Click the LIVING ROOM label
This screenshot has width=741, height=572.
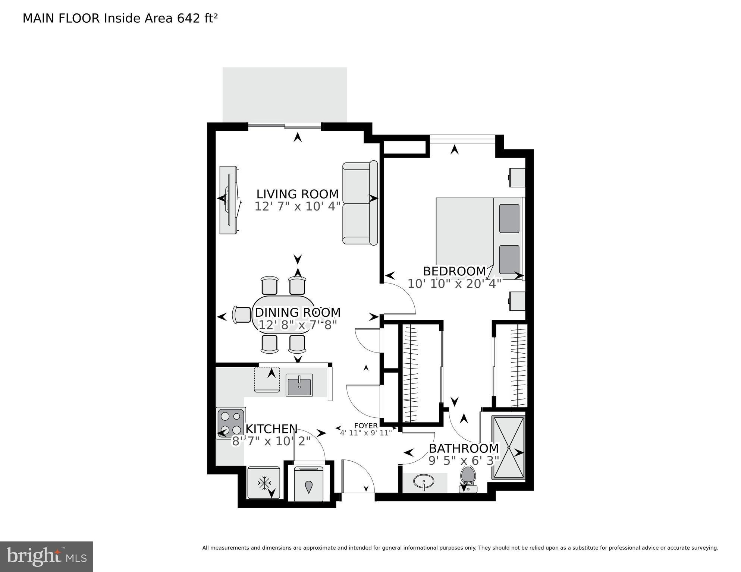(297, 194)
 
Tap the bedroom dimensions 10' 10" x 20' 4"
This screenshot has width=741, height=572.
(454, 284)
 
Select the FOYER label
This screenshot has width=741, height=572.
(365, 426)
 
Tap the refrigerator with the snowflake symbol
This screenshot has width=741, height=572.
(264, 483)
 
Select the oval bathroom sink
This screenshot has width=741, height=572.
(424, 482)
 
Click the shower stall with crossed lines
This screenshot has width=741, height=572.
(508, 447)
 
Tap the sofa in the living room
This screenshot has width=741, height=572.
(359, 203)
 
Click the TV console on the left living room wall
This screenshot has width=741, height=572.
(228, 200)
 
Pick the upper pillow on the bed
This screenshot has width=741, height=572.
(509, 218)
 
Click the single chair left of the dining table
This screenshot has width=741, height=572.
(242, 315)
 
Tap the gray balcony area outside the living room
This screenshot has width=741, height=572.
(285, 94)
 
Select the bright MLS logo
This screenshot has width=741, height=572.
(46, 557)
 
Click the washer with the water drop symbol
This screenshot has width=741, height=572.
(308, 484)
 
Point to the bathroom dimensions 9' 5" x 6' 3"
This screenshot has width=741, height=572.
(464, 461)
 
